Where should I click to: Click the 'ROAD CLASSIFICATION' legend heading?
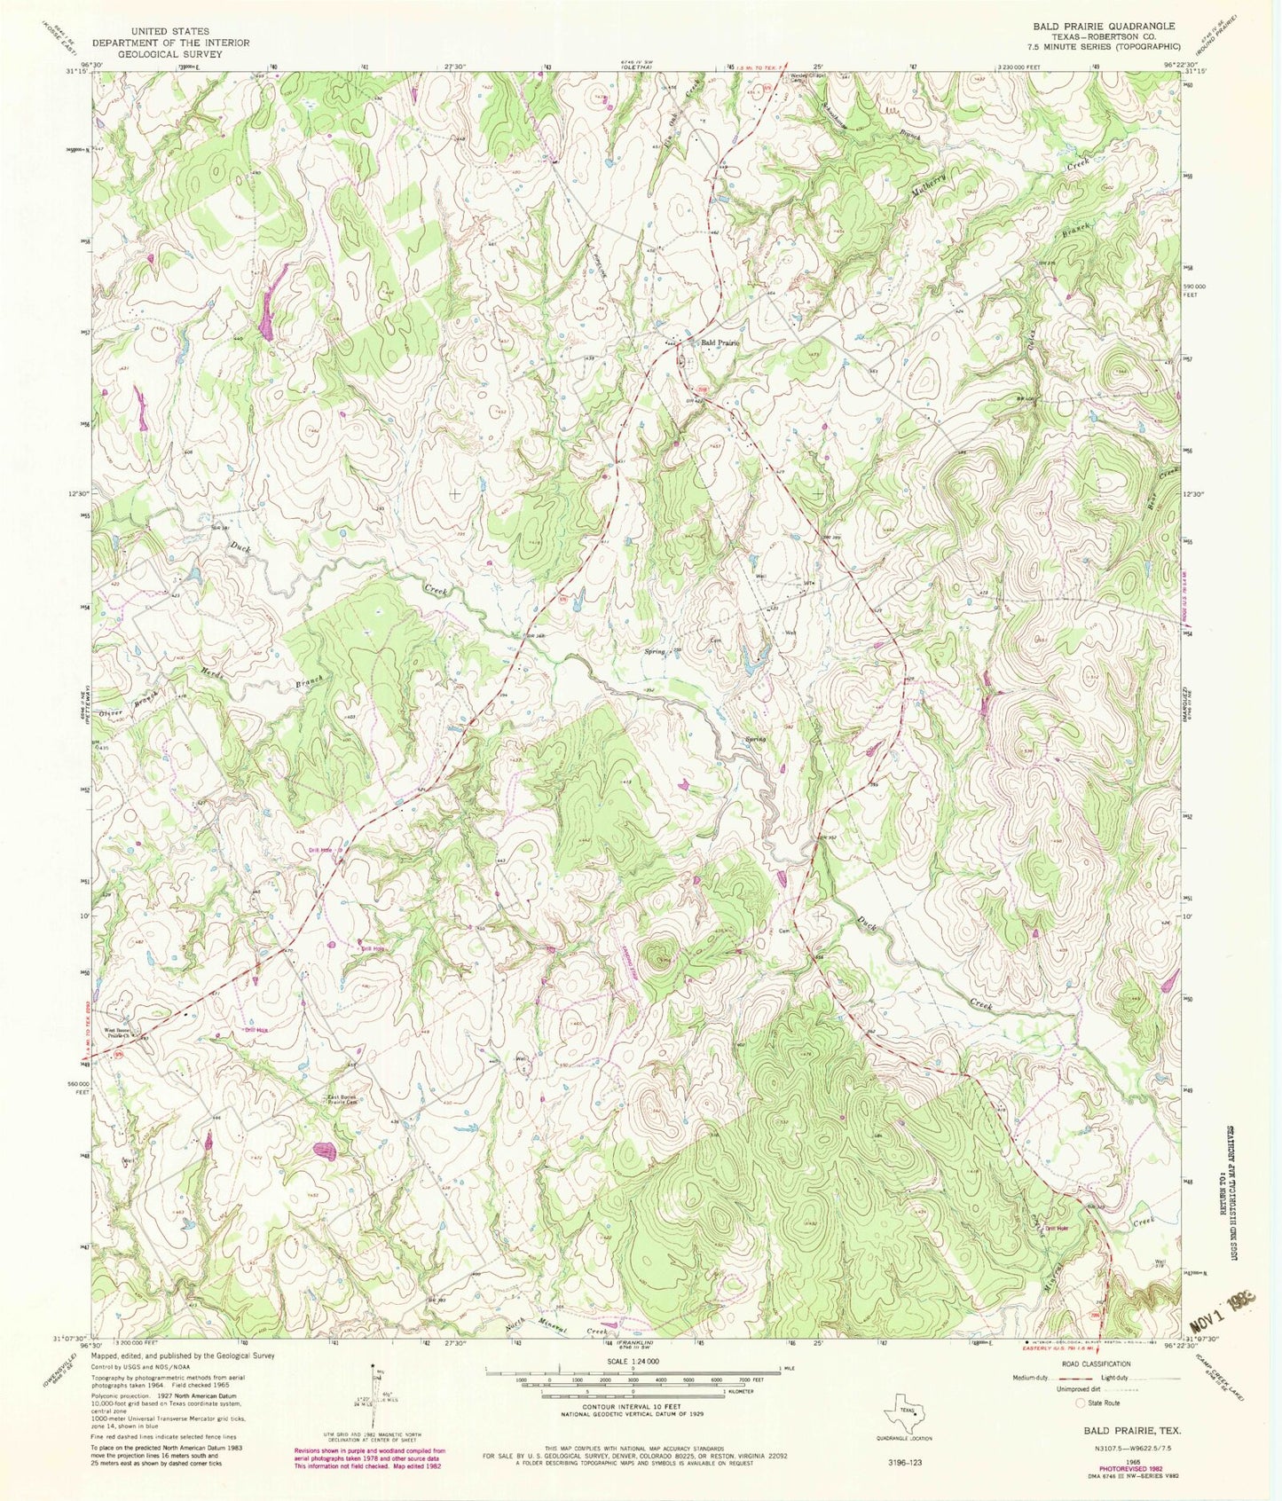(1098, 1363)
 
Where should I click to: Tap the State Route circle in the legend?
(1081, 1403)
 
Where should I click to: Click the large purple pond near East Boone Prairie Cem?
(326, 1151)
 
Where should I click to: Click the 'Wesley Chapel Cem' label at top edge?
(810, 77)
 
